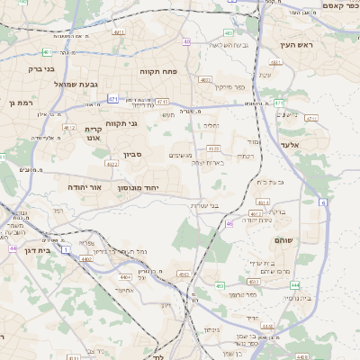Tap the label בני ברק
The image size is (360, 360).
point(41,68)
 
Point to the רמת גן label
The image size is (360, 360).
point(17,103)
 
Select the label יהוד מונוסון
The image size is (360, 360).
point(138,188)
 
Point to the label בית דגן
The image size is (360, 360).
point(31,251)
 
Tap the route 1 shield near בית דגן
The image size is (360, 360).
point(66,248)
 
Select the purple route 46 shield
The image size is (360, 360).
point(229,223)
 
